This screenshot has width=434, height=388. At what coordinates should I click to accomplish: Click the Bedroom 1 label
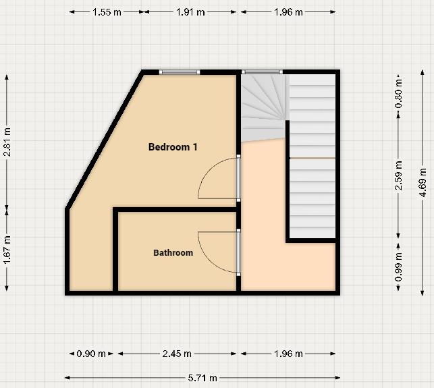pos(173,146)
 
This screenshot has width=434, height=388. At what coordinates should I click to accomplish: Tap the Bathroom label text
pos(173,253)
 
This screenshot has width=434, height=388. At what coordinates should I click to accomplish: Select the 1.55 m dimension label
pos(107,12)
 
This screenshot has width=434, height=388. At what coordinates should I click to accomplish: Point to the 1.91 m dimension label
pos(190,12)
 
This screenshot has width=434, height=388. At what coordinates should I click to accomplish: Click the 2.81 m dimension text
pos(7,143)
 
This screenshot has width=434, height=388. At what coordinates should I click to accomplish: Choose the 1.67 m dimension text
pos(7,248)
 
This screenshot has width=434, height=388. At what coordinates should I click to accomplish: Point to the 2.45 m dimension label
pos(177,354)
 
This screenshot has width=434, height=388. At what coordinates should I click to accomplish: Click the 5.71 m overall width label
pos(202,378)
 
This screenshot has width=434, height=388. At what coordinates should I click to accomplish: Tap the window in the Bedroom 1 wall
pos(180,72)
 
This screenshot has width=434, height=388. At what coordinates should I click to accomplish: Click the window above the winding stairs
pos(261,72)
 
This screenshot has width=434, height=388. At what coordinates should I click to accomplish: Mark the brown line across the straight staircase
pos(312,158)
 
